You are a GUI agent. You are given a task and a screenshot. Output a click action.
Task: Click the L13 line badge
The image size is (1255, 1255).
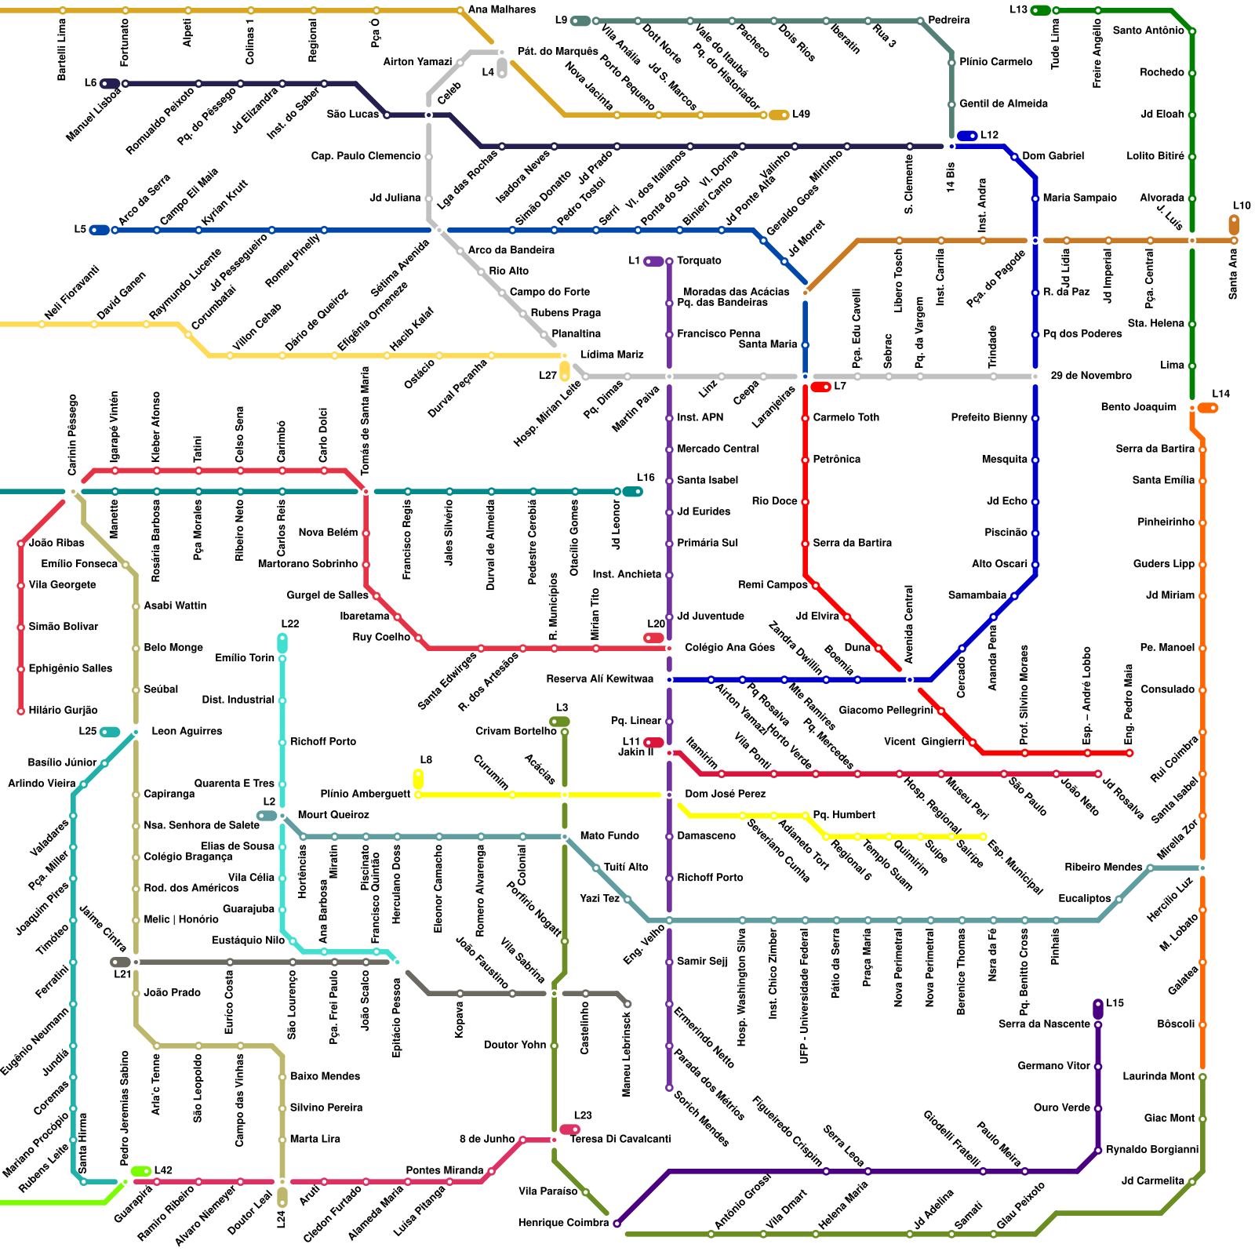(x=1040, y=10)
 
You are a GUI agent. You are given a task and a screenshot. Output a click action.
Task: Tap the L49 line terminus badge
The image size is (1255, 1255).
(x=778, y=115)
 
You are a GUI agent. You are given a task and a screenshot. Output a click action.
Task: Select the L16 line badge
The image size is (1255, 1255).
(x=632, y=492)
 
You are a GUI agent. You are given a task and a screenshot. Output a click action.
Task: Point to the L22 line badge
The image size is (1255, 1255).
(x=282, y=642)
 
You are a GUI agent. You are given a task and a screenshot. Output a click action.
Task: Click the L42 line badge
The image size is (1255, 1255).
(x=141, y=1171)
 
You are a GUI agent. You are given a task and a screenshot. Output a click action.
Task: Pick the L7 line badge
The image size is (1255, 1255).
(x=820, y=387)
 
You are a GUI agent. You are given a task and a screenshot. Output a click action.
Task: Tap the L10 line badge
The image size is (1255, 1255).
(x=1234, y=224)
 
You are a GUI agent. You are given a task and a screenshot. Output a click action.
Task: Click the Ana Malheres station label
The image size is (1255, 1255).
(x=501, y=10)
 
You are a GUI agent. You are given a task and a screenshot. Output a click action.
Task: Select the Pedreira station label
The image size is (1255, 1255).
(x=948, y=20)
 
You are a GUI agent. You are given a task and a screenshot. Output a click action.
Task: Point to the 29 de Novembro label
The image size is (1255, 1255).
(x=1090, y=376)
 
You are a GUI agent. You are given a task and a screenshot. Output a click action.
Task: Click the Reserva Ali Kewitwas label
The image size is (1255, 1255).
(x=599, y=679)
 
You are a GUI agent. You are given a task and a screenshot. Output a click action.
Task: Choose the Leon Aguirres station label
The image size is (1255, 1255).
(x=186, y=731)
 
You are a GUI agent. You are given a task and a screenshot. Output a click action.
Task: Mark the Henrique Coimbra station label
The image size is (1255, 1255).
(x=562, y=1223)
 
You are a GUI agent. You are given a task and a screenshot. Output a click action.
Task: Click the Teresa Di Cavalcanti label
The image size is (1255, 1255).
(x=620, y=1139)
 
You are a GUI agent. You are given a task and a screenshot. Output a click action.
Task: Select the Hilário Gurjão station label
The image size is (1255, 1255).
(x=63, y=710)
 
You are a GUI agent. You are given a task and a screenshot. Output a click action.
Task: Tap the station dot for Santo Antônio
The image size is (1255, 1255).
(x=1192, y=31)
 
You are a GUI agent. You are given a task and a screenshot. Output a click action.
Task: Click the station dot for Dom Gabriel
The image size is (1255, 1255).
(x=1014, y=157)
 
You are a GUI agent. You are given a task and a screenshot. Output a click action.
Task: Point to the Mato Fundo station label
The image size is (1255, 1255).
(x=609, y=836)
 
